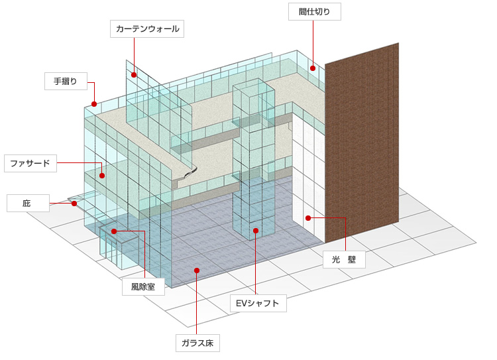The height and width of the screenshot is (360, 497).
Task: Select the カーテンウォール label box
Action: (x=147, y=29)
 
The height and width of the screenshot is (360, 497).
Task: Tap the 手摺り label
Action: (x=66, y=82)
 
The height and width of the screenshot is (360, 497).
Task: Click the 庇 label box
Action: (x=28, y=203)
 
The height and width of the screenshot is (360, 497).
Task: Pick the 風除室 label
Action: (x=143, y=286)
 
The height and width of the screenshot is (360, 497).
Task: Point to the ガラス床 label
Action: (x=197, y=343)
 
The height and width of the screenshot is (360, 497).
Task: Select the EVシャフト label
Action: (x=258, y=304)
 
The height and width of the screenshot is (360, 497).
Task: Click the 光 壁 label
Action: (x=344, y=259)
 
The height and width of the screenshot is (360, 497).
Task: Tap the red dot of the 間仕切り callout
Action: (x=312, y=68)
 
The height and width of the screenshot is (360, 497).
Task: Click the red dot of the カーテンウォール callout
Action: (x=134, y=74)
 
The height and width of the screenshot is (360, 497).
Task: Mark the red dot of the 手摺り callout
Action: (x=95, y=103)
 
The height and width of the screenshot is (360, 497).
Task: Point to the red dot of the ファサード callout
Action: (x=102, y=176)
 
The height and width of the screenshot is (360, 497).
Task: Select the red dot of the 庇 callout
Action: (x=74, y=204)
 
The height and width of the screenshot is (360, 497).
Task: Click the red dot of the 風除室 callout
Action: (x=114, y=231)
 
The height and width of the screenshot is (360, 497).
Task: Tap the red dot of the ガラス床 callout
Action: (x=197, y=270)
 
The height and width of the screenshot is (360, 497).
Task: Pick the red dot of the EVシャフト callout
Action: (x=255, y=230)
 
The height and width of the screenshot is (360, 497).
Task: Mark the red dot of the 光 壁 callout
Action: (x=308, y=217)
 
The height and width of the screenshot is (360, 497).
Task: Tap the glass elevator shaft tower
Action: (x=254, y=159)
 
